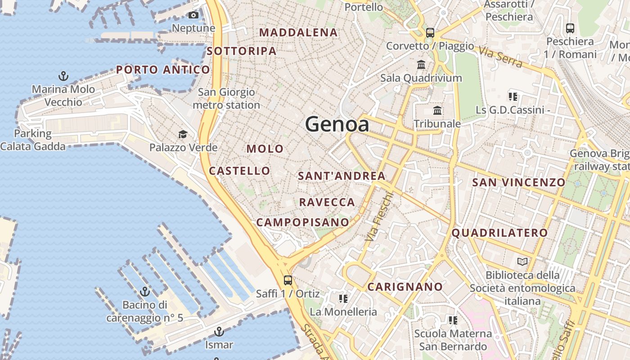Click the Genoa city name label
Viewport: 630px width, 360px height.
click(337, 124)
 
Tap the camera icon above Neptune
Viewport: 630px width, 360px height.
click(193, 15)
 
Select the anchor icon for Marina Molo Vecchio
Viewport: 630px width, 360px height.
click(63, 76)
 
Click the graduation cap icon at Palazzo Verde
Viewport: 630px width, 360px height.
click(183, 134)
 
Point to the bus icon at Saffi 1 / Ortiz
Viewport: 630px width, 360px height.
click(288, 280)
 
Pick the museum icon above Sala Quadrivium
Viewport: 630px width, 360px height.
click(421, 64)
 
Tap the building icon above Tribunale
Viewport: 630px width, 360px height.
click(437, 110)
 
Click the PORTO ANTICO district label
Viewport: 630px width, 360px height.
click(163, 70)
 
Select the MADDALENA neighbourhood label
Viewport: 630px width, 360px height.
click(298, 32)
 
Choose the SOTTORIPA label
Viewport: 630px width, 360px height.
click(242, 51)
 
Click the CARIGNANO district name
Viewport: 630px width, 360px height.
click(405, 287)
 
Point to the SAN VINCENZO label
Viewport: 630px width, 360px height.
click(518, 182)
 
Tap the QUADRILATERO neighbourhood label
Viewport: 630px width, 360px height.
click(499, 233)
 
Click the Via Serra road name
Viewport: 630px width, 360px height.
click(500, 57)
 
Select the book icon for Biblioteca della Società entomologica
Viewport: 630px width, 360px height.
click(522, 261)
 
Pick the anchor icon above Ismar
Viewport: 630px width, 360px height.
click(219, 332)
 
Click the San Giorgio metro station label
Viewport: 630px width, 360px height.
click(226, 99)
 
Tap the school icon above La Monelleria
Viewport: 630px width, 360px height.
click(343, 299)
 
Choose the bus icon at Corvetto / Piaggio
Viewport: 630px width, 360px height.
click(430, 32)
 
